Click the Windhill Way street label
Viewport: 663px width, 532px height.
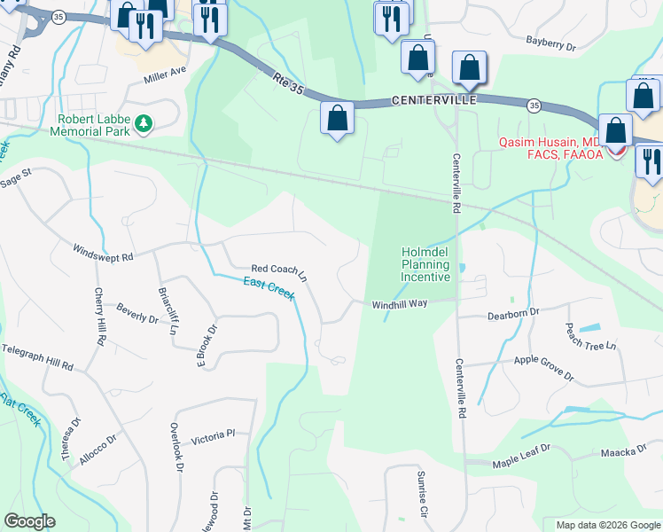tap(400, 304)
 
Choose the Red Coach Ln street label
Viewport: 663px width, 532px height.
tap(278, 271)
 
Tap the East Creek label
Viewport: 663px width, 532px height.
tap(269, 289)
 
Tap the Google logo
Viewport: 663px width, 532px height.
tap(29, 521)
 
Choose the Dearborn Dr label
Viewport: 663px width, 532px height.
tap(513, 315)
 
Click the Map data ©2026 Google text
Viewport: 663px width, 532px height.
tap(608, 525)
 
